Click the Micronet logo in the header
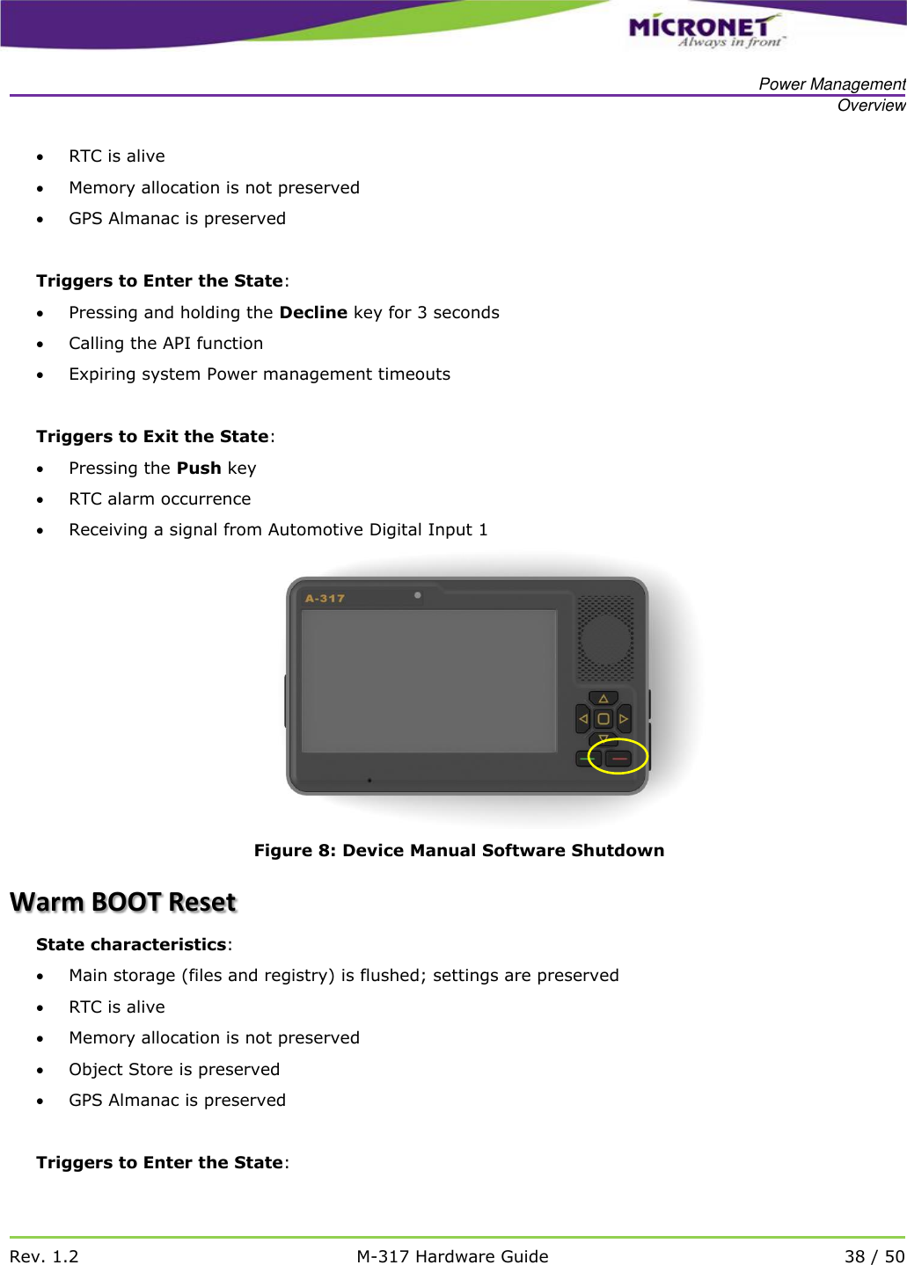704,31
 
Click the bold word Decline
313,312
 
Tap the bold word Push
199,468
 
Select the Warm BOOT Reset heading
123,902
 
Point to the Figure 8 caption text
458,850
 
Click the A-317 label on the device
325,599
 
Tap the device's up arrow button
603,699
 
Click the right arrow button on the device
624,719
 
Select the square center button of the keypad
603,719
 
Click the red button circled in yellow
619,758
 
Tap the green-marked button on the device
587,758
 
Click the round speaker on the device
605,639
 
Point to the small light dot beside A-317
418,595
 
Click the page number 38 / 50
874,1256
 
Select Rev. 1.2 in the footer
44,1256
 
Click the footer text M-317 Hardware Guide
452,1256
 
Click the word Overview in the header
871,105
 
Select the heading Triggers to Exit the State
152,436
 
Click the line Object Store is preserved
174,1069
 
